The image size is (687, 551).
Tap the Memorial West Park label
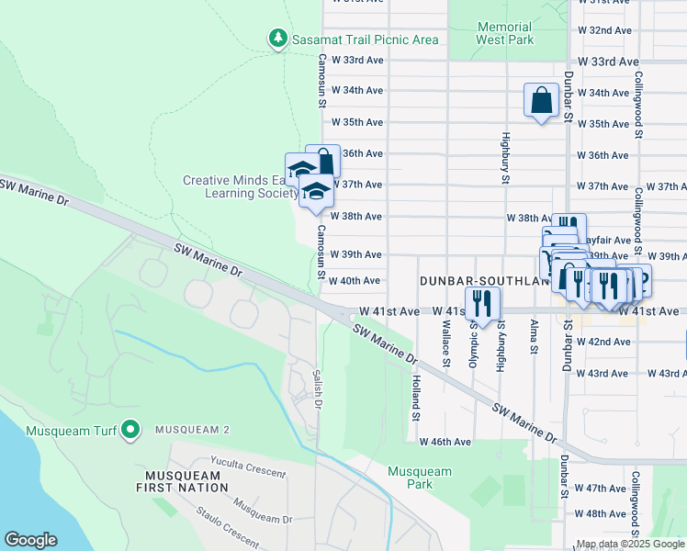pyautogui.click(x=504, y=34)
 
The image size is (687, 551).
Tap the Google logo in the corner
pyautogui.click(x=30, y=540)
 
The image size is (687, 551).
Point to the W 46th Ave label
pyautogui.click(x=445, y=442)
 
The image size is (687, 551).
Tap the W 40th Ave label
pyautogui.click(x=354, y=281)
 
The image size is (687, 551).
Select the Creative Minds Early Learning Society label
pyautogui.click(x=235, y=187)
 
